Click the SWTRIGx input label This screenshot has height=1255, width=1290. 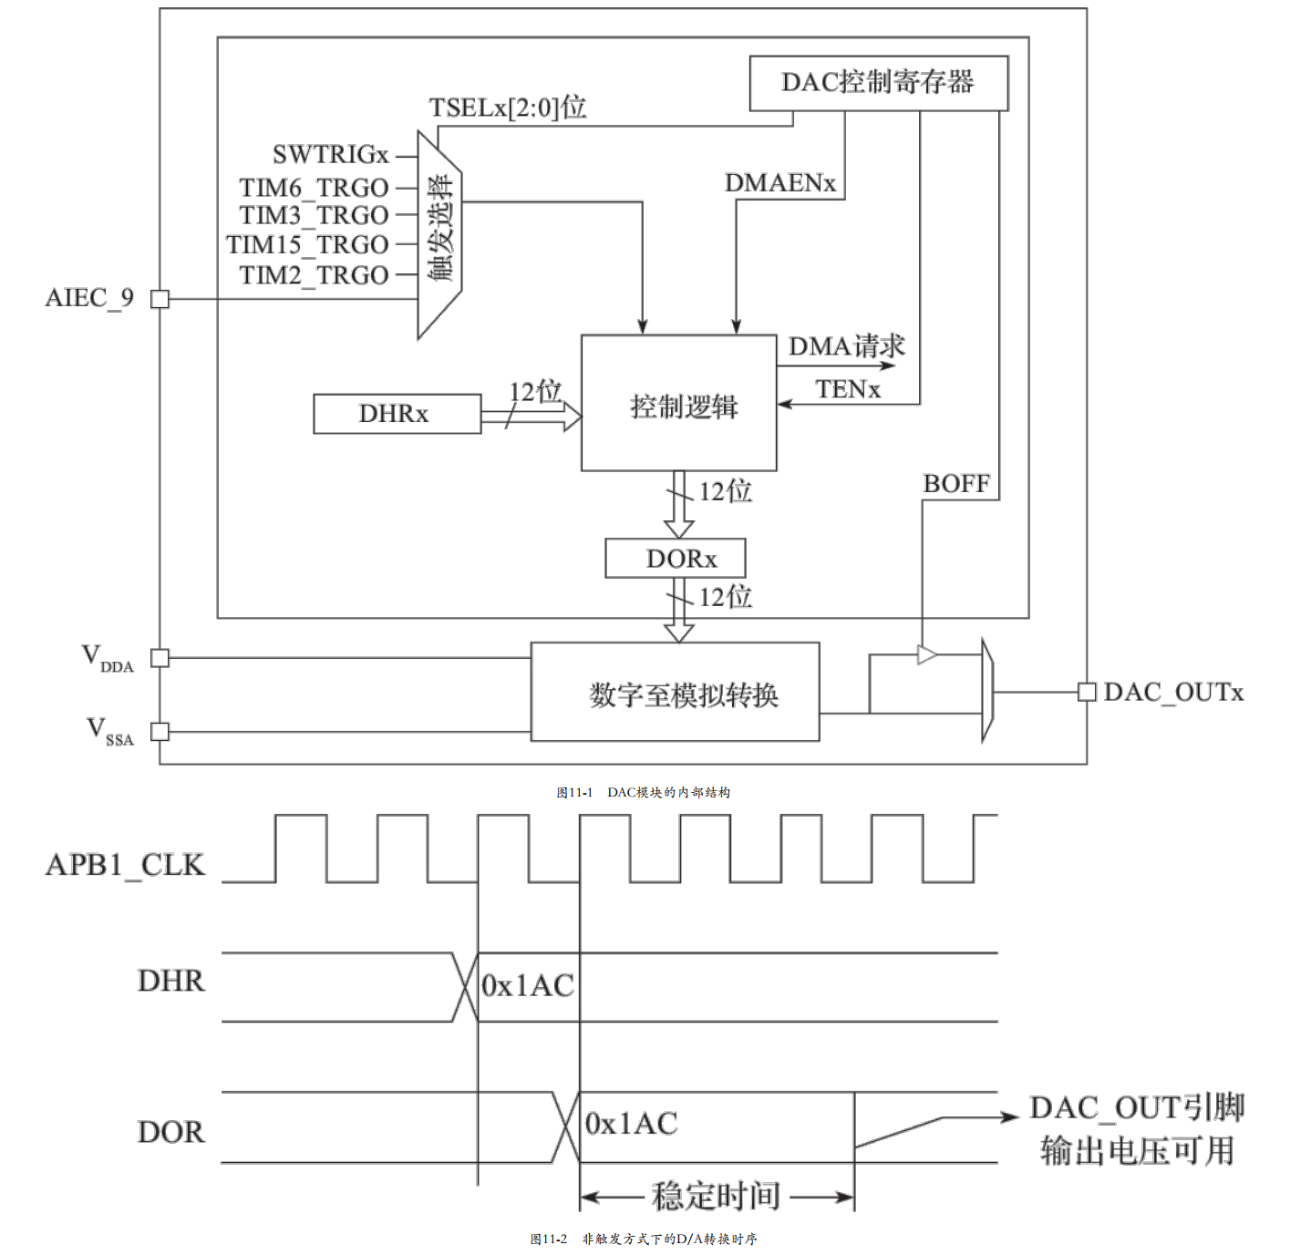coord(330,154)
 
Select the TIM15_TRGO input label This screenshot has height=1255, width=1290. coord(307,245)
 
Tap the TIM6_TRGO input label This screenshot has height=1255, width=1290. coord(314,188)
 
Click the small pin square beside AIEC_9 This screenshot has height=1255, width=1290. coord(160,299)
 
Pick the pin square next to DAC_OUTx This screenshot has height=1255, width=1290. coord(1087,692)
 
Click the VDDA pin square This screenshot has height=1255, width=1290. coord(160,658)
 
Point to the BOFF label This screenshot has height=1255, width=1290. coord(956,484)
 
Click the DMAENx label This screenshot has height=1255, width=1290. coord(780,183)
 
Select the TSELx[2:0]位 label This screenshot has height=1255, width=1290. coord(508,108)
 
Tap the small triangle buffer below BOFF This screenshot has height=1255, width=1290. coord(926,654)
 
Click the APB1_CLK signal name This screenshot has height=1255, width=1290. coord(125,866)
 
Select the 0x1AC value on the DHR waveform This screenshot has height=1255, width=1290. coord(528,985)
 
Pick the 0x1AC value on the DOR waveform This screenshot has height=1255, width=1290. coord(631,1123)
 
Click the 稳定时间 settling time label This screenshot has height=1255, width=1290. coord(716,1196)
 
